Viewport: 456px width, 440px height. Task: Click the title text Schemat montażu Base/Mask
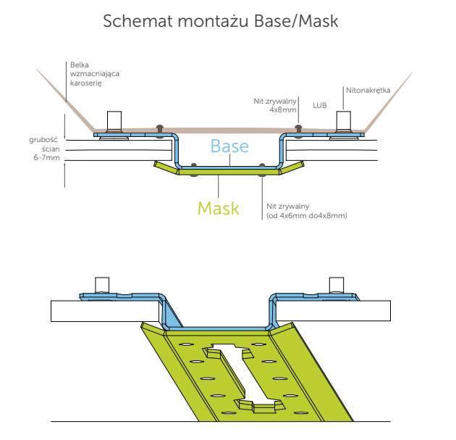[x=221, y=21]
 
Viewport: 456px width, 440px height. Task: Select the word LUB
[x=320, y=105]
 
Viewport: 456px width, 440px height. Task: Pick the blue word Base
[x=229, y=146]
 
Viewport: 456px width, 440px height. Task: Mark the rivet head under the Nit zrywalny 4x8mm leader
[x=298, y=128]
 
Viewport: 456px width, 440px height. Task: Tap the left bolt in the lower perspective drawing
[x=101, y=286]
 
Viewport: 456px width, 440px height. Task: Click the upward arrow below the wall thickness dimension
[x=66, y=167]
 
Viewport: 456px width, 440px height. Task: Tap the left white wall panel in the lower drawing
[x=101, y=310]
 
